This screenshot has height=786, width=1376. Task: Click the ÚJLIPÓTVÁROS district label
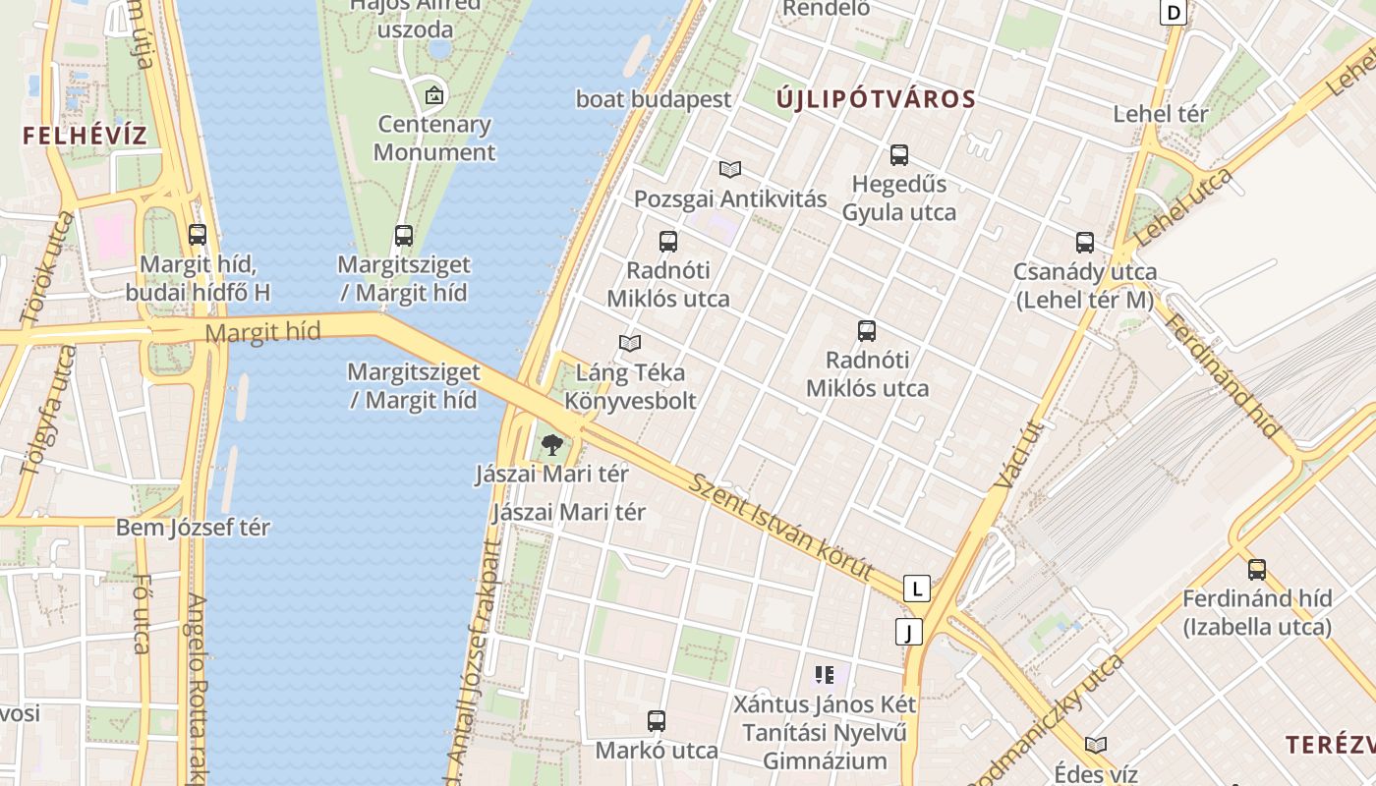point(876,99)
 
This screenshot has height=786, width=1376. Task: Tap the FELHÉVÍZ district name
point(85,136)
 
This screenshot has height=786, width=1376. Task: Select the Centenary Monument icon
point(433,96)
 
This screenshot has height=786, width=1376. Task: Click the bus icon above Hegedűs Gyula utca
point(898,155)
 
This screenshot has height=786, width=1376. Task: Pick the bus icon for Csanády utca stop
point(1085,243)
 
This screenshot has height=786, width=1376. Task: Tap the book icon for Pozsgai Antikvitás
point(729,169)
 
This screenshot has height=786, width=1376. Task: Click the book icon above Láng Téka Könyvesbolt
point(630,343)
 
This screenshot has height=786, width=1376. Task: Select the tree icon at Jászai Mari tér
point(552,444)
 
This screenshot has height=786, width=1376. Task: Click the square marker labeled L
point(917,589)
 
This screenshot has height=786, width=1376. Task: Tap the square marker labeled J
point(910,632)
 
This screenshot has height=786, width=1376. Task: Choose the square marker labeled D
point(1174,12)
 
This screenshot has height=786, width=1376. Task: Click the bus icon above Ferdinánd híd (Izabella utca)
point(1256,570)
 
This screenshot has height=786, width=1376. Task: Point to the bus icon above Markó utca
point(657,721)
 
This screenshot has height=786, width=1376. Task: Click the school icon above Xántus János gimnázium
point(824,675)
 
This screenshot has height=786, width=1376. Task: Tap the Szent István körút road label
point(780,526)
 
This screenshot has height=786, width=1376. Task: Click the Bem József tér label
point(193,528)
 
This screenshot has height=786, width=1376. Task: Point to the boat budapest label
point(654,99)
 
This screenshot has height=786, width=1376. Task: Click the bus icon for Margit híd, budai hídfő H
point(198,235)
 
